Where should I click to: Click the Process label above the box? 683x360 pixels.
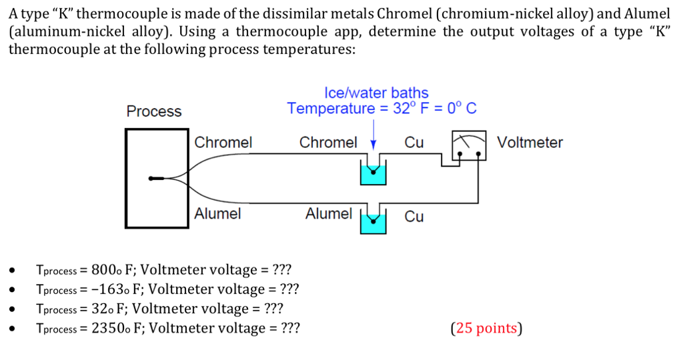tap(153, 111)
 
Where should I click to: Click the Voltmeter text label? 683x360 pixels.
tap(530, 143)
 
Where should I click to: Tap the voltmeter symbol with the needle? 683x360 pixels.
tap(469, 147)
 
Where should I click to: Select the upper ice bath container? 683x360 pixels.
tap(373, 173)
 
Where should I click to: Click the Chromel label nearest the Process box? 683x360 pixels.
tap(223, 143)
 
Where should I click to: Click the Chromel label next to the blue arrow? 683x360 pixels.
tap(327, 143)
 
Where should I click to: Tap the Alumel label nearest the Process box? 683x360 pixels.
tap(217, 214)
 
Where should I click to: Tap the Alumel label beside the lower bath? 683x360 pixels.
tap(328, 214)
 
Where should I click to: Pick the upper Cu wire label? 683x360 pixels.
tap(414, 143)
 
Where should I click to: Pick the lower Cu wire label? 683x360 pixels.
tap(414, 217)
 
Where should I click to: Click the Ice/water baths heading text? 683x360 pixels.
tap(376, 93)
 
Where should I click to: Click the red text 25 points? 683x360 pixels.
tap(487, 328)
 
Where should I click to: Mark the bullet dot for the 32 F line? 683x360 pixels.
tap(12, 310)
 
